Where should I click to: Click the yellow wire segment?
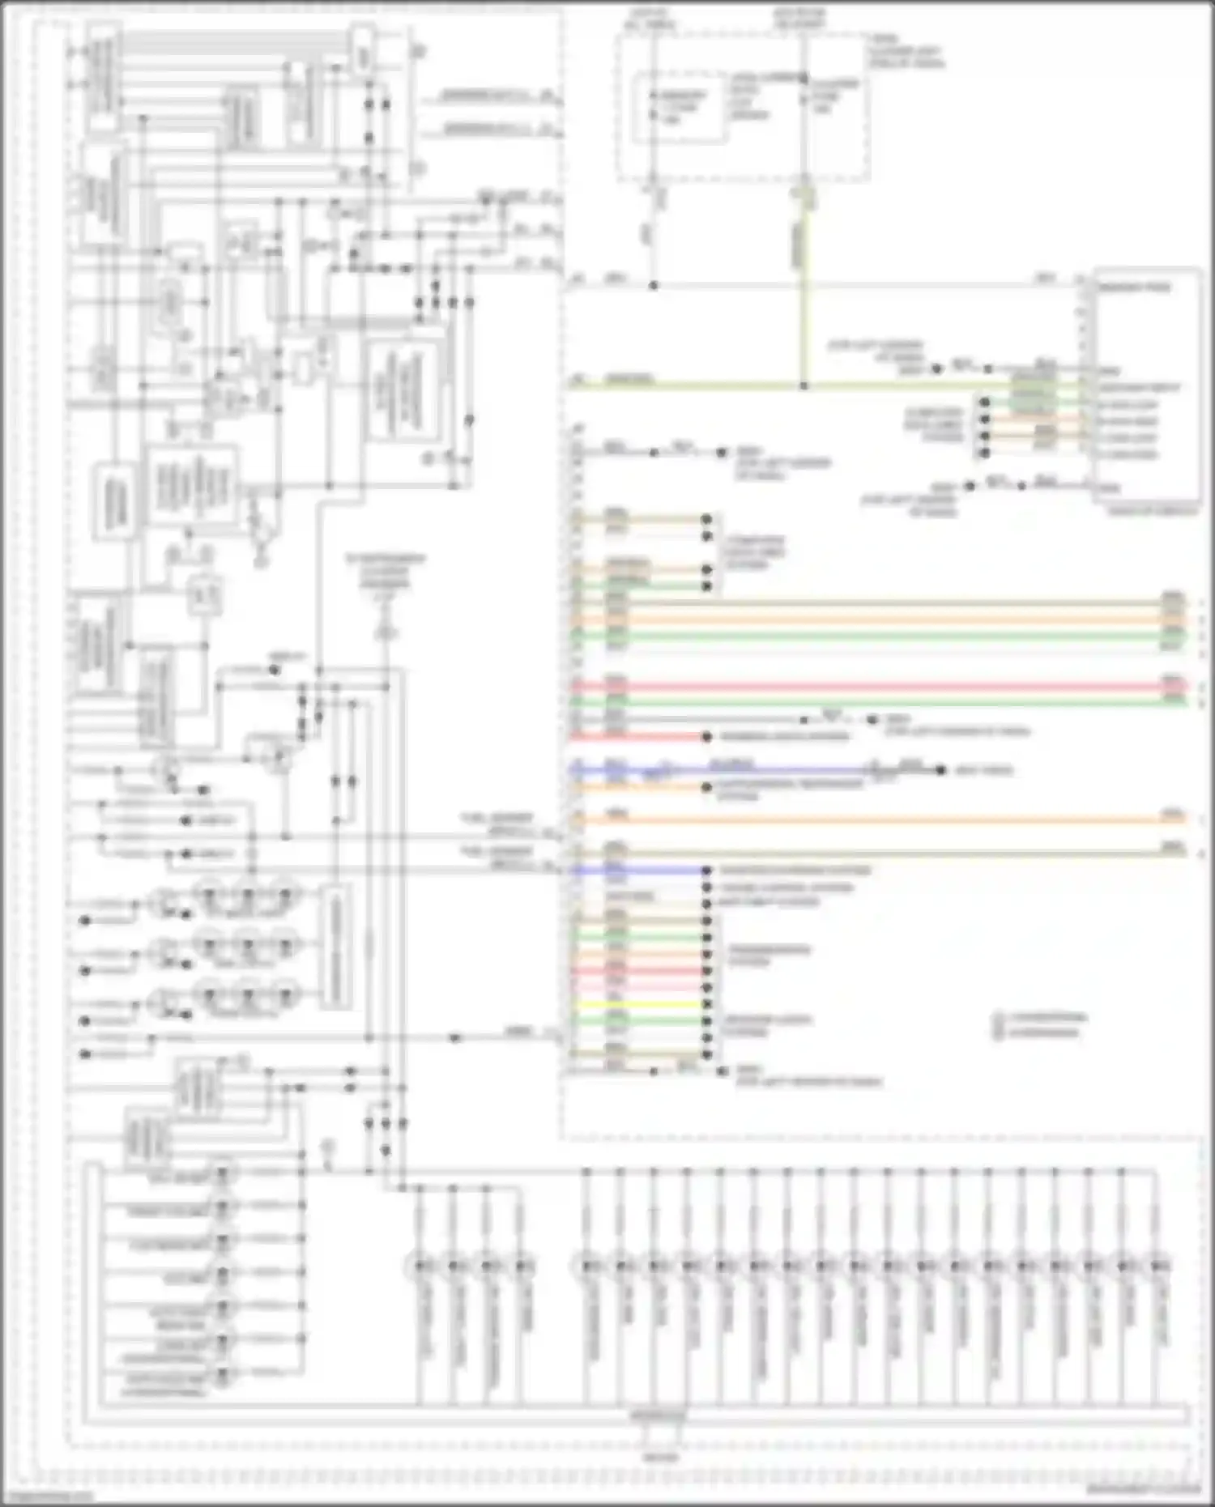(640, 1004)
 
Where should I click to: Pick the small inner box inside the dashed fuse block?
(679, 108)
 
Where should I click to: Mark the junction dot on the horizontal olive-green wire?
(804, 386)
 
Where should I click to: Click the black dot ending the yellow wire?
(706, 1004)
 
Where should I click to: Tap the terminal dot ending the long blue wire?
(940, 770)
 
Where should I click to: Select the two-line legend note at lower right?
(1041, 1025)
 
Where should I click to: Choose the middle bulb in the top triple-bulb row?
(247, 896)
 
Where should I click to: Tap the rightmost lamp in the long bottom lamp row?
(1160, 1265)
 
